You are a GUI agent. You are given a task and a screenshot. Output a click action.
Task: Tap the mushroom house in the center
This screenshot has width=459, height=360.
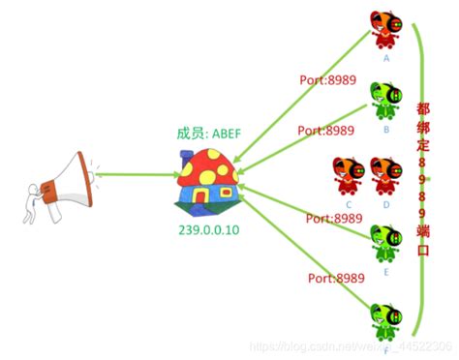tap(206, 182)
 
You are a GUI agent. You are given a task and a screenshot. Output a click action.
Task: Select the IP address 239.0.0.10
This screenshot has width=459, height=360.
tap(207, 230)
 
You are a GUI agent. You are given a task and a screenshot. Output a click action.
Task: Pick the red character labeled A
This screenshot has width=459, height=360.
tap(385, 31)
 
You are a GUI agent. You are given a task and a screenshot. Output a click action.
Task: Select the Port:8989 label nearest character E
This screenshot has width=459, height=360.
tap(332, 219)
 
